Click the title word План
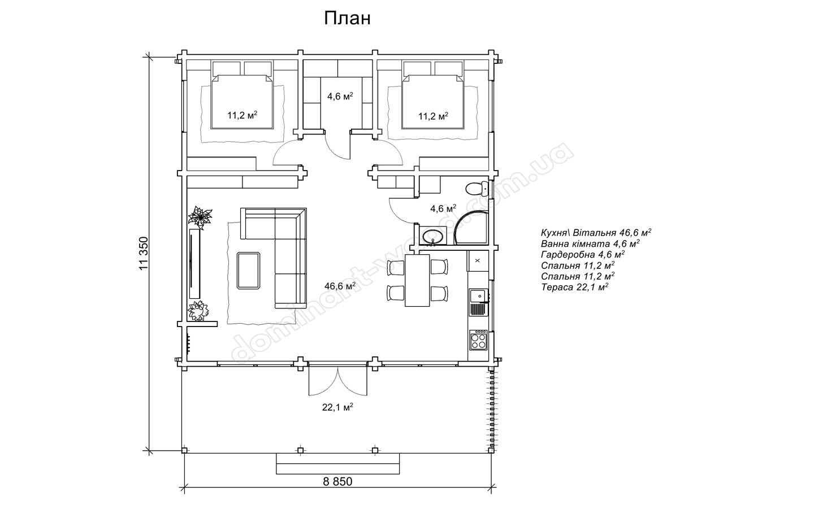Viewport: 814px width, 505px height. click(347, 19)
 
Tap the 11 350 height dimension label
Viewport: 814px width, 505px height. click(144, 254)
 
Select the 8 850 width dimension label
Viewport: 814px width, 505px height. click(337, 482)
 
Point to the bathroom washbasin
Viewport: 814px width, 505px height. click(433, 236)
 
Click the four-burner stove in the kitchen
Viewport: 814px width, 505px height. click(478, 340)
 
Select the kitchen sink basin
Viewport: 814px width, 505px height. click(478, 296)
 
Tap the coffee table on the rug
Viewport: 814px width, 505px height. click(249, 271)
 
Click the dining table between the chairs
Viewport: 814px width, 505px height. click(417, 280)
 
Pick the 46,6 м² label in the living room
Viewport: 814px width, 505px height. click(340, 286)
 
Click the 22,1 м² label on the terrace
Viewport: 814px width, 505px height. click(337, 407)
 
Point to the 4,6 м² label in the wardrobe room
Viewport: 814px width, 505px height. click(340, 97)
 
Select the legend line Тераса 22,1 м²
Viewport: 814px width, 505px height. click(575, 287)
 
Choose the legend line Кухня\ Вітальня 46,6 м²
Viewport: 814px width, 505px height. click(596, 232)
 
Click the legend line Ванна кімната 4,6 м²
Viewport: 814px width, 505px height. click(590, 243)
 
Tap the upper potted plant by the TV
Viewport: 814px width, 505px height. click(200, 217)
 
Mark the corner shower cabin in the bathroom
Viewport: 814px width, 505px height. click(470, 227)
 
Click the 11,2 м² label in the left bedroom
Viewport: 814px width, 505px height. click(243, 115)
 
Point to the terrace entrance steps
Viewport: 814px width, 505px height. click(338, 464)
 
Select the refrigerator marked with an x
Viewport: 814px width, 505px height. click(478, 260)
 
